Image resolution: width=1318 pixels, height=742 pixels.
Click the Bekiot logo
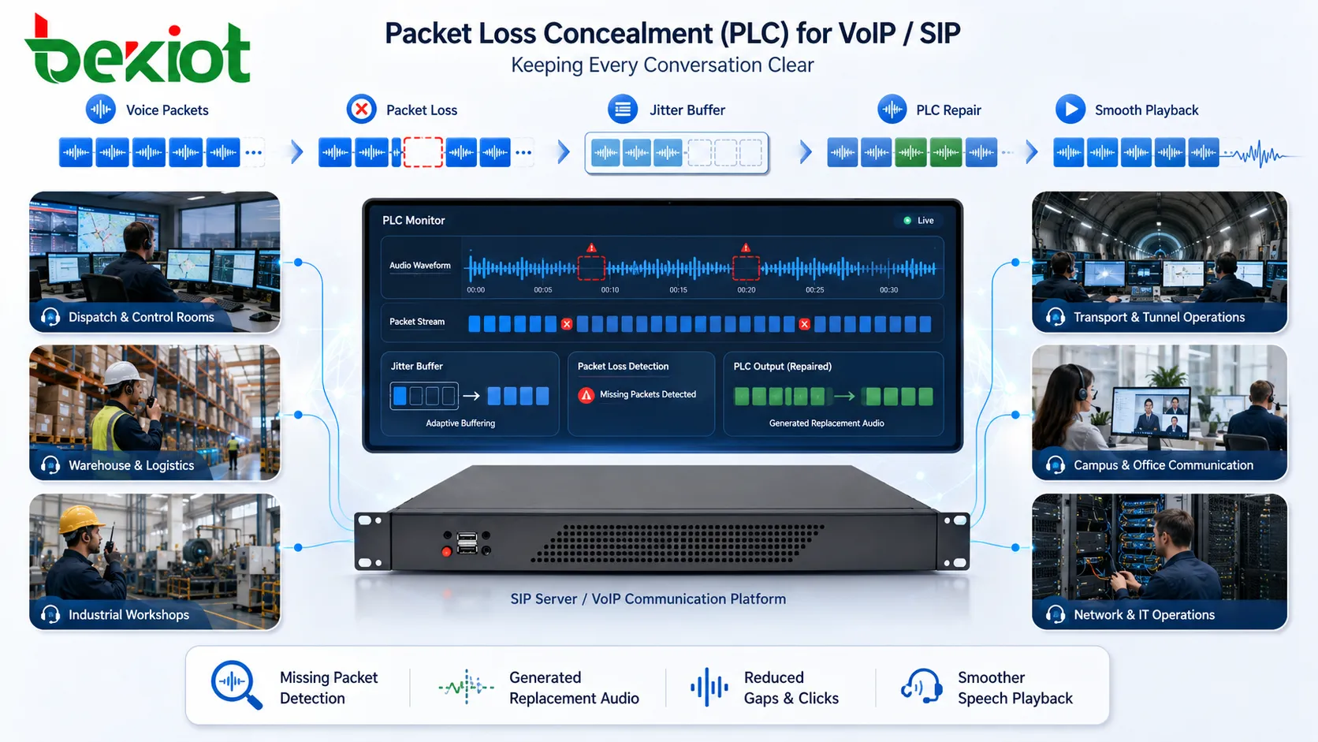(138, 50)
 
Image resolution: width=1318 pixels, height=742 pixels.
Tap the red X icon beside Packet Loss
(361, 110)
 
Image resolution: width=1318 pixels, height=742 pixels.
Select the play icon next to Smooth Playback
(1070, 110)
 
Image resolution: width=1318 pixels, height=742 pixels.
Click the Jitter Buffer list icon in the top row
(623, 110)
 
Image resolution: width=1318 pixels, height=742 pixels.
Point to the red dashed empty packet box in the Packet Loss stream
(423, 152)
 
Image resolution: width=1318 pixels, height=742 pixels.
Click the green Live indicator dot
(907, 220)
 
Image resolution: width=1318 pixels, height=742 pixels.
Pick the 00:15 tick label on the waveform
(678, 289)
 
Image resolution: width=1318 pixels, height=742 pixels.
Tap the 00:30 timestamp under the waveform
(888, 289)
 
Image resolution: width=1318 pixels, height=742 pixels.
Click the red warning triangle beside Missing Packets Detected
(586, 395)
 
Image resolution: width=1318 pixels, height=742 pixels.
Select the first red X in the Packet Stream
(567, 323)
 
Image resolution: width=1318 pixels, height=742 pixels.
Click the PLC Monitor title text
(414, 220)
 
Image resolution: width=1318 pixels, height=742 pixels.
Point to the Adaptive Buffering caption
(460, 423)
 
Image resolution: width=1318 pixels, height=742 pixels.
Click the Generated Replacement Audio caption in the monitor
(826, 423)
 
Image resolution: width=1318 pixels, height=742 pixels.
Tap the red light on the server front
(447, 551)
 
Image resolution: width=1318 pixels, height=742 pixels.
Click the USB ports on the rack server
(467, 543)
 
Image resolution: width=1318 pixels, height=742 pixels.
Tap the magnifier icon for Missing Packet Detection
(236, 684)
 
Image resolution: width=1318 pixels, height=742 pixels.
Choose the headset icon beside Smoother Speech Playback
(921, 685)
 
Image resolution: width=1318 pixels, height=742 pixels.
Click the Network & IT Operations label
(1144, 614)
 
